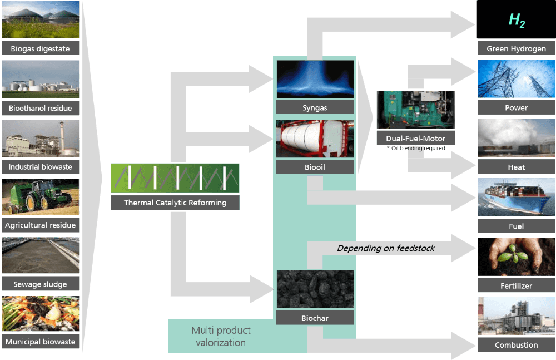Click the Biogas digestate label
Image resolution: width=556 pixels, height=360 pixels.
pyautogui.click(x=40, y=48)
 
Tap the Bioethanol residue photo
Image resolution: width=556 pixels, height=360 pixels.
pyautogui.click(x=40, y=80)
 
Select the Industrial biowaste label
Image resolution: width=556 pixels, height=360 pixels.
pyautogui.click(x=40, y=166)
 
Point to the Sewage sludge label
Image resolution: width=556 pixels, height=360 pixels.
pyautogui.click(x=40, y=284)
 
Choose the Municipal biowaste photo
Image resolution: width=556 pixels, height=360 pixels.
pyautogui.click(x=40, y=314)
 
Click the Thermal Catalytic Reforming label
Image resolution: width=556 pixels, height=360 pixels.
pyautogui.click(x=175, y=203)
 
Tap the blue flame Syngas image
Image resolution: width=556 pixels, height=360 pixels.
pyautogui.click(x=315, y=80)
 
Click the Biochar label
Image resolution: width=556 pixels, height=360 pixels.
pyautogui.click(x=315, y=318)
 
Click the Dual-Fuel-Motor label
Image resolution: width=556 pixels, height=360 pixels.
pyautogui.click(x=415, y=138)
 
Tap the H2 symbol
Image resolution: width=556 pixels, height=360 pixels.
pyautogui.click(x=517, y=21)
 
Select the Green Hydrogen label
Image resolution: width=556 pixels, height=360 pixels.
pyautogui.click(x=517, y=48)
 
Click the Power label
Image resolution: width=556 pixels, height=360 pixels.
pyautogui.click(x=517, y=107)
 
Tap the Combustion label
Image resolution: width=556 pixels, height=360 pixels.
pyautogui.click(x=517, y=345)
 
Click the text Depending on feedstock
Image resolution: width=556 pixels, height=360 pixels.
pyautogui.click(x=386, y=248)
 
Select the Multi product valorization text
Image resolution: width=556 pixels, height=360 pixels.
pyautogui.click(x=221, y=337)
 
